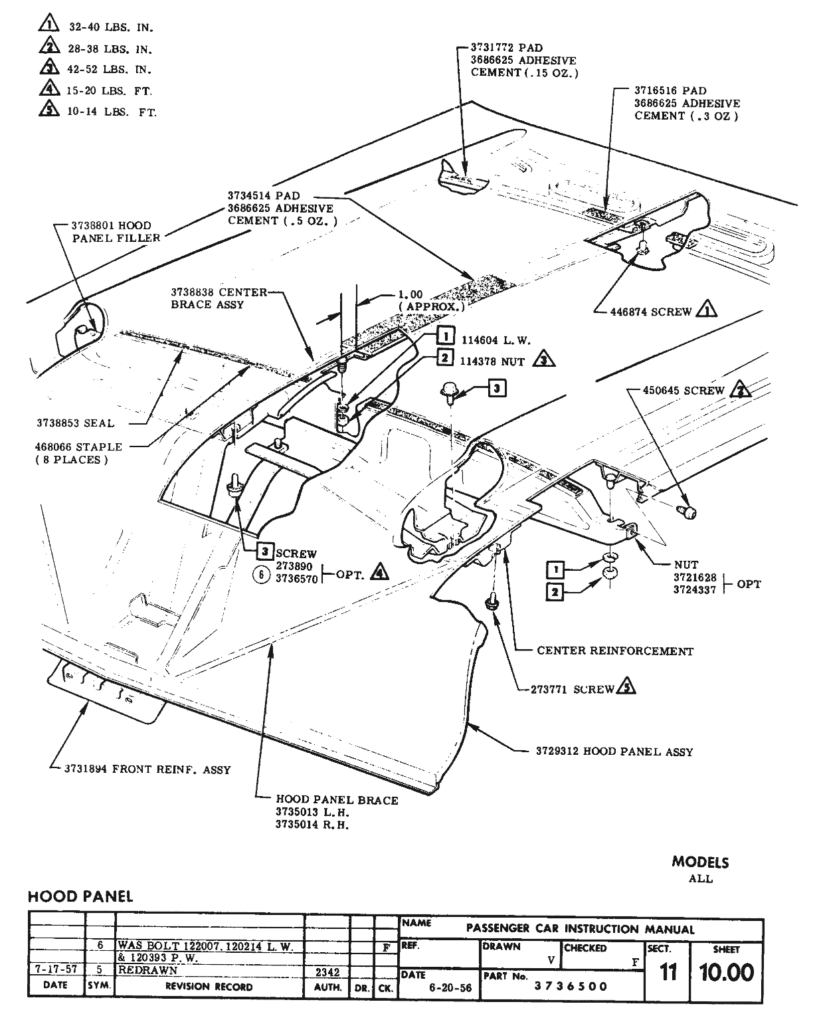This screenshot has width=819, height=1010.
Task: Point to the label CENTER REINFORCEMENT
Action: coord(614,651)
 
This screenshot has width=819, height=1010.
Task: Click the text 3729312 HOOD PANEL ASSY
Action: coord(614,752)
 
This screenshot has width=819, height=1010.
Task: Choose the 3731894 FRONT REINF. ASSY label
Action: coord(147,769)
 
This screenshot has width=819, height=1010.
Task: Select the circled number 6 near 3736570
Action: coord(262,575)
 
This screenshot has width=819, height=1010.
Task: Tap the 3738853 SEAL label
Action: coord(84,423)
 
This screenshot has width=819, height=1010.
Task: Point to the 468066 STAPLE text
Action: coord(79,447)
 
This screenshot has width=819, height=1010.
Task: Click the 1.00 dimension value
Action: coord(410,295)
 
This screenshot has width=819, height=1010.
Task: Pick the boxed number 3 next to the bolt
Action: coord(496,387)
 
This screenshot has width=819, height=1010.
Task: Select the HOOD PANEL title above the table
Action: coord(80,896)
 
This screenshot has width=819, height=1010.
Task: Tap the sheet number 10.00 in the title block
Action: coord(726,973)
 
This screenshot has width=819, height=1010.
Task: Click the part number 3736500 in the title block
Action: coord(571,987)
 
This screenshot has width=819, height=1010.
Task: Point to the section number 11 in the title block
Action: coord(668,973)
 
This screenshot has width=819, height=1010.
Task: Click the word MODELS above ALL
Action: coord(700,862)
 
